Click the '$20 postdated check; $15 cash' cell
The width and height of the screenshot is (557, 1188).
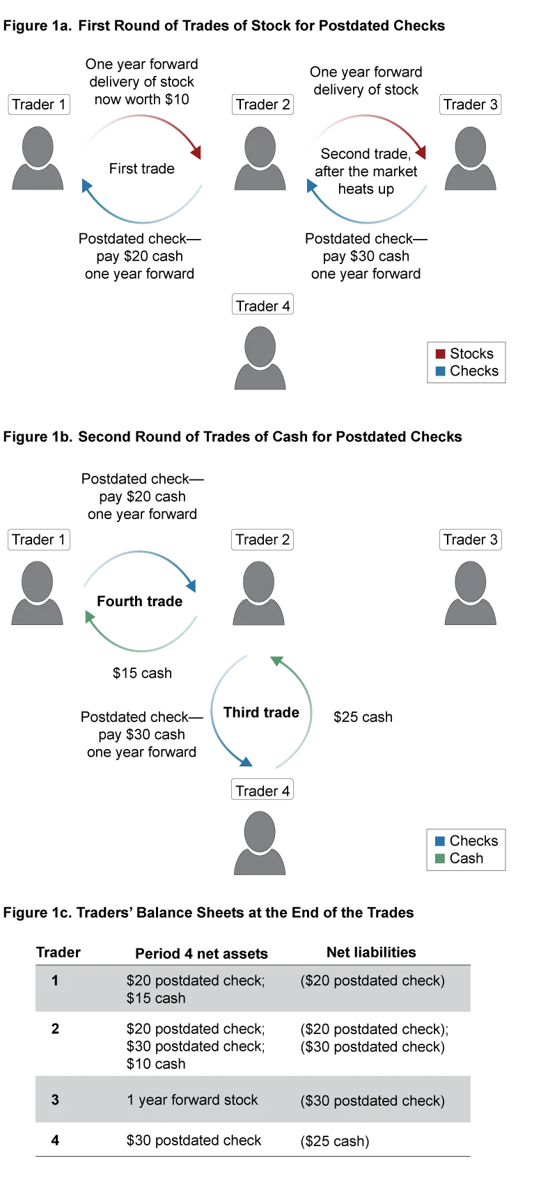pyautogui.click(x=195, y=989)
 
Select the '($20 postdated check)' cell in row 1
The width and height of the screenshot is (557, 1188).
pyautogui.click(x=372, y=981)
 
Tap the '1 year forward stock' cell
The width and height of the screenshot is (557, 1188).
pyautogui.click(x=192, y=1100)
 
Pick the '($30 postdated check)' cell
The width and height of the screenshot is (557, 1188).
pyautogui.click(x=372, y=1101)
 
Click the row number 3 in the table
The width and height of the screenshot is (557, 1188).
pyautogui.click(x=55, y=1100)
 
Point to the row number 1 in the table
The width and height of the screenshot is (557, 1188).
pyautogui.click(x=55, y=981)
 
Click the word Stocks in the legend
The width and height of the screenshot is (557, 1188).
pyautogui.click(x=471, y=354)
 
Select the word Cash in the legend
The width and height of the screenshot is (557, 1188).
pyautogui.click(x=466, y=858)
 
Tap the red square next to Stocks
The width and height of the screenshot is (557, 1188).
pyautogui.click(x=440, y=354)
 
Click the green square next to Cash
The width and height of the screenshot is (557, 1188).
pyautogui.click(x=440, y=858)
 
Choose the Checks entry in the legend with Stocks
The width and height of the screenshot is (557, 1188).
pyautogui.click(x=474, y=371)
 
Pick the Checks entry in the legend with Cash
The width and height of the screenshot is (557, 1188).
pyautogui.click(x=474, y=841)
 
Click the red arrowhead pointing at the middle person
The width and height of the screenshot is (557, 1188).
pyautogui.click(x=199, y=153)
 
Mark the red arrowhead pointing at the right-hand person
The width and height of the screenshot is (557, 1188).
pyautogui.click(x=422, y=153)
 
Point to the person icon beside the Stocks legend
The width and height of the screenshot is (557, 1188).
pyautogui.click(x=261, y=357)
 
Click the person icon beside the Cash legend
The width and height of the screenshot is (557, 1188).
pyautogui.click(x=261, y=842)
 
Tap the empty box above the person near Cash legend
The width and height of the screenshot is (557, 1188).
pyautogui.click(x=262, y=789)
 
